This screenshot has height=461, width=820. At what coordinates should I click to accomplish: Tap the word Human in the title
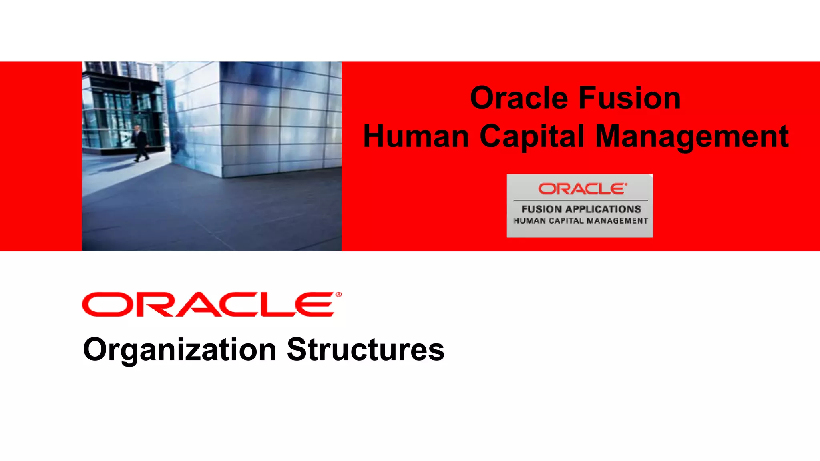point(416,137)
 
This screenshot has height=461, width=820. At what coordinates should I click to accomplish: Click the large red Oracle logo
point(208,305)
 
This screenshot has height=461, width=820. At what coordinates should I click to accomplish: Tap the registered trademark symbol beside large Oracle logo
point(339,295)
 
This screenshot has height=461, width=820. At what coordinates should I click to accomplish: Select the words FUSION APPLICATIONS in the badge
point(581,209)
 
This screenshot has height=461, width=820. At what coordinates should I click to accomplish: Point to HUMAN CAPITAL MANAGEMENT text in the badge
point(581,221)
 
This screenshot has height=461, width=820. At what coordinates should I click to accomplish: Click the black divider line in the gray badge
point(581,200)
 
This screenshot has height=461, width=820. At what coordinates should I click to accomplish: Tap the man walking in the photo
point(140,143)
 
